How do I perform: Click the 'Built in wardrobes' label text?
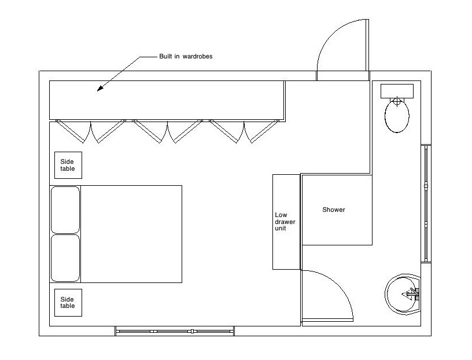186,57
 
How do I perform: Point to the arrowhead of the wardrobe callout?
99,90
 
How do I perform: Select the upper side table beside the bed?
68,165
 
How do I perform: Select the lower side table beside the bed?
68,302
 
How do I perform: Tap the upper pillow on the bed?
65,209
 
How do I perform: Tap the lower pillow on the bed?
65,258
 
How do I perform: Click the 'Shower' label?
333,210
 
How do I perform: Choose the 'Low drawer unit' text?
281,222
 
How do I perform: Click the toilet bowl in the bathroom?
397,117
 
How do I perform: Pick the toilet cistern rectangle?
397,91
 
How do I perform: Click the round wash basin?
403,295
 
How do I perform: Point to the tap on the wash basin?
412,295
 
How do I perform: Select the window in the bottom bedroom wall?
174,331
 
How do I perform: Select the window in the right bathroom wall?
426,203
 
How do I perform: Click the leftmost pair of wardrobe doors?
91,132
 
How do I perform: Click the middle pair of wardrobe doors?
167,132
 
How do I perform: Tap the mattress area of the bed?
131,234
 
